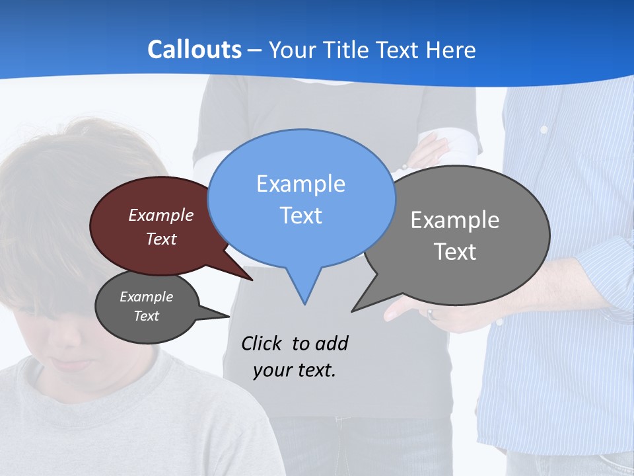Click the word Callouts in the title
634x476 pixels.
click(194, 50)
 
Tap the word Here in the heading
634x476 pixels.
click(451, 50)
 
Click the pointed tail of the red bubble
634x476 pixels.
click(251, 279)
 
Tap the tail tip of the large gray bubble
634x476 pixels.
click(353, 310)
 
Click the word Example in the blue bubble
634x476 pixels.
click(300, 184)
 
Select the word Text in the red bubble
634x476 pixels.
click(160, 239)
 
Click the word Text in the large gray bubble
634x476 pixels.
click(455, 252)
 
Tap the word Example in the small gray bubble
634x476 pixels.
click(146, 297)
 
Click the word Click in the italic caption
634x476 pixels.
click(263, 343)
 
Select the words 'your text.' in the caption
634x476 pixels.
click(295, 370)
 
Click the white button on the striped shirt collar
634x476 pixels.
click(544, 130)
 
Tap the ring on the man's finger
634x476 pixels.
click(431, 314)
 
